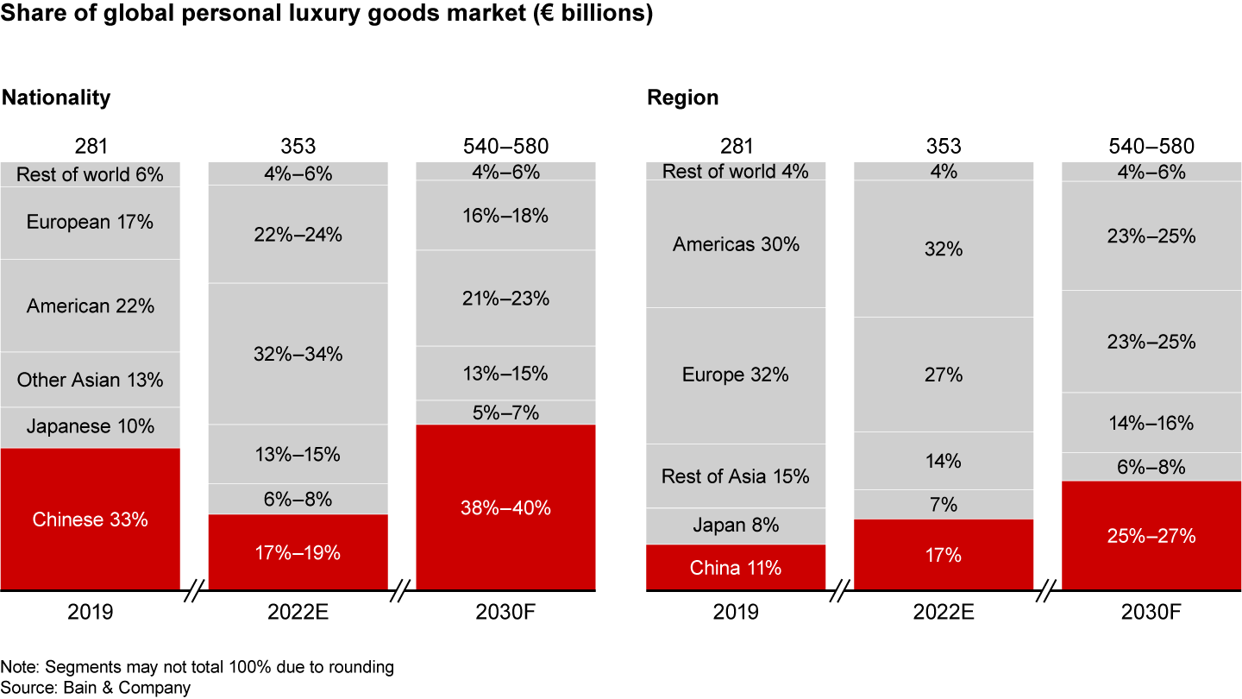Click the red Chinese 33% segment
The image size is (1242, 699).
pyautogui.click(x=91, y=520)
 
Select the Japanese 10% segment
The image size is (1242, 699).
pyautogui.click(x=91, y=427)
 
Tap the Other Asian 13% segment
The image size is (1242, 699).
pyautogui.click(x=91, y=380)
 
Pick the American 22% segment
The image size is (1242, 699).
pyautogui.click(x=91, y=305)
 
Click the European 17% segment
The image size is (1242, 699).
pyautogui.click(x=91, y=223)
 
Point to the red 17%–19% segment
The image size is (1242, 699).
pyautogui.click(x=298, y=552)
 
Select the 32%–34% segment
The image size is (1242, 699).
pyautogui.click(x=298, y=354)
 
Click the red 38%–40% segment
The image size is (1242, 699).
pyautogui.click(x=505, y=507)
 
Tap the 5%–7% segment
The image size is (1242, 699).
pyautogui.click(x=505, y=412)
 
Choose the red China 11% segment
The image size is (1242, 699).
pyautogui.click(x=736, y=568)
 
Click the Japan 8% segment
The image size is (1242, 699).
pyautogui.click(x=736, y=526)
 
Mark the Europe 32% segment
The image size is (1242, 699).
pyautogui.click(x=736, y=375)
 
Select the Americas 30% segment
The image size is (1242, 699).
pyautogui.click(x=736, y=244)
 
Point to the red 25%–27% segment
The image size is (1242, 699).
pyautogui.click(x=1151, y=536)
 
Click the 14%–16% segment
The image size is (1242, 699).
pyautogui.click(x=1151, y=423)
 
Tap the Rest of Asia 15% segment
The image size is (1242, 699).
pyautogui.click(x=736, y=475)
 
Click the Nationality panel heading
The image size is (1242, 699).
pyautogui.click(x=56, y=98)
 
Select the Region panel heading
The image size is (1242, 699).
pyautogui.click(x=683, y=98)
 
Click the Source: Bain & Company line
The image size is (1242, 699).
pyautogui.click(x=96, y=688)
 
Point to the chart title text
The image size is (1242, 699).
pyautogui.click(x=327, y=16)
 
